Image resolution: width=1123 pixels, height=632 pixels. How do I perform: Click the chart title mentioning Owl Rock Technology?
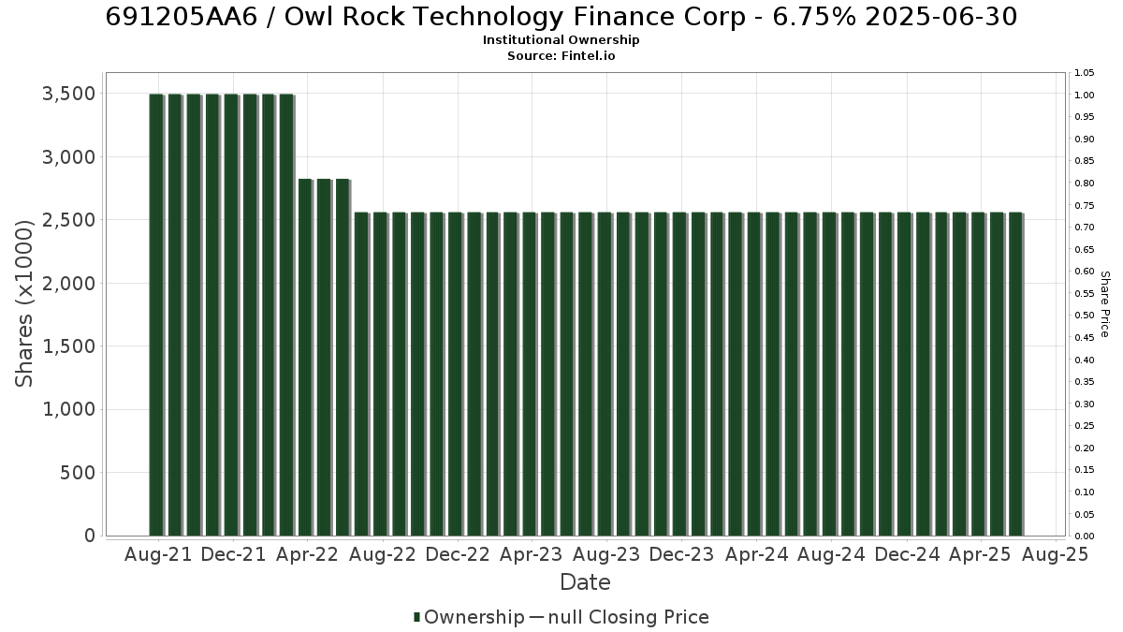[561, 17]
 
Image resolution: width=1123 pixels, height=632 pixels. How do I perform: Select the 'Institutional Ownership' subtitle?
[561, 40]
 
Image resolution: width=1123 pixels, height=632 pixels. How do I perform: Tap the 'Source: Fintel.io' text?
[561, 55]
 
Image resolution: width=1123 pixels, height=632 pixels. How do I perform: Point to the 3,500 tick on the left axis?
[68, 94]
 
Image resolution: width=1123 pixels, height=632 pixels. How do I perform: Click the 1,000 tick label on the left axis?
[68, 410]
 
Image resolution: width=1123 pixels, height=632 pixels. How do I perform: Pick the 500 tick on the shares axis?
[78, 473]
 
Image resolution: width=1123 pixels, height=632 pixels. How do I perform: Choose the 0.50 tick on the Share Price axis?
[1084, 316]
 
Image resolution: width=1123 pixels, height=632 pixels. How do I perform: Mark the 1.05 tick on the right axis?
[1084, 73]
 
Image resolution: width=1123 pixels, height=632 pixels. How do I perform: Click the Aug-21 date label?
[158, 554]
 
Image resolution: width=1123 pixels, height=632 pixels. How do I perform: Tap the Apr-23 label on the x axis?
[532, 554]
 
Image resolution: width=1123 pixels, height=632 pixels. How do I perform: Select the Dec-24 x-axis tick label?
[907, 554]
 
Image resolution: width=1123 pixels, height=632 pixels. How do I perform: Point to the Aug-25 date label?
[1056, 554]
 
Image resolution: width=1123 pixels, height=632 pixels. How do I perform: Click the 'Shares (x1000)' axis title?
[23, 303]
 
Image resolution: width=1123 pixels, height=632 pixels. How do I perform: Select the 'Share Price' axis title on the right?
[1104, 304]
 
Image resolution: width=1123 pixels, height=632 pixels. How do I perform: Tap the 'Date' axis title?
[585, 582]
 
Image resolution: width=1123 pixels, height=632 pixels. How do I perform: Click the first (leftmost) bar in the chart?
[156, 315]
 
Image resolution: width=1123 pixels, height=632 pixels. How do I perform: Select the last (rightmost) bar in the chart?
[1015, 375]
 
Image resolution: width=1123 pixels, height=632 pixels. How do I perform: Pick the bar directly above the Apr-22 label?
[305, 357]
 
